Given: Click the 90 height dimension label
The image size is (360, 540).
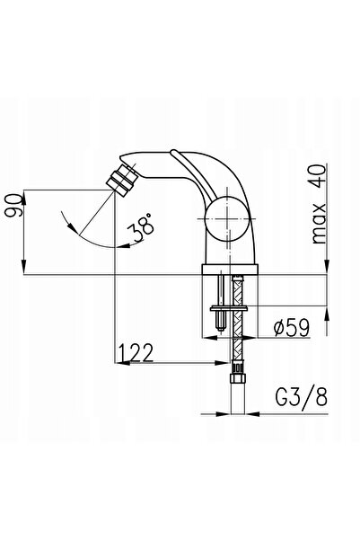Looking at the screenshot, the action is coord(14,205).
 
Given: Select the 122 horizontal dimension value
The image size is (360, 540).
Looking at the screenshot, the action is coord(136,352).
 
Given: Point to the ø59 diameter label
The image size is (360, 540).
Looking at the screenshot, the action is coord(292,327).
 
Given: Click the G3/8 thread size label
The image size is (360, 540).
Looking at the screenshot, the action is coord(301,397).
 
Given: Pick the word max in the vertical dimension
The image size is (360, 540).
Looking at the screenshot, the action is coord(319,223).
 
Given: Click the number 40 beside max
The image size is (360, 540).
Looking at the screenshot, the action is coord(318,176).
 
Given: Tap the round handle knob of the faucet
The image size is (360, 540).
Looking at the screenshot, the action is coord(227,219).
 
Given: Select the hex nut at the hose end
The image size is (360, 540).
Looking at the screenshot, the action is coord(238,378).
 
